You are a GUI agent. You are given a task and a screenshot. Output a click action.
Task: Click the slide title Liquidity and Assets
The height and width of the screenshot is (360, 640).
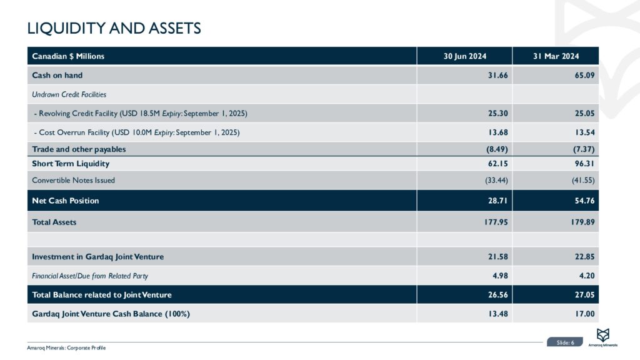point(114,28)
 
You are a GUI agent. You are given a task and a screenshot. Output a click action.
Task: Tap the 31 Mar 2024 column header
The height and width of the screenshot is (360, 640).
point(556,56)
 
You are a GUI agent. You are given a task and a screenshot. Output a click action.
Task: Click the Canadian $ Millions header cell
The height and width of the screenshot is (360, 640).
point(68,56)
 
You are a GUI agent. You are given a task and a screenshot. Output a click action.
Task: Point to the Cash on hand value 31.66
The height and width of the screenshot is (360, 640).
point(494,76)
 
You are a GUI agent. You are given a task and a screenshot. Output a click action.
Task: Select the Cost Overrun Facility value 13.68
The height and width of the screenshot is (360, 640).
point(494,132)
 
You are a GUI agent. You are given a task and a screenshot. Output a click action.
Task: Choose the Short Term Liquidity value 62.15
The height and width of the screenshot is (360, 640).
point(494,164)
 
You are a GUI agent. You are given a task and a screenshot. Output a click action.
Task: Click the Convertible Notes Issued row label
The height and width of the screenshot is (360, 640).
point(73,180)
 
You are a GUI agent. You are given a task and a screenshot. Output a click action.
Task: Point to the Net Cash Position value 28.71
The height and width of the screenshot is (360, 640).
point(494,201)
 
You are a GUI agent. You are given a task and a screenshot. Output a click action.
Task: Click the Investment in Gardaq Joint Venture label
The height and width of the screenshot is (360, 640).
point(98,257)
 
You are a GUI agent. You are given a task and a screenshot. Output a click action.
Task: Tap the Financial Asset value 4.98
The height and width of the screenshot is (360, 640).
point(497,276)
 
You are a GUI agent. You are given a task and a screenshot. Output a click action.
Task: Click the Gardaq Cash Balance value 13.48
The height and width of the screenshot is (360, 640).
point(494,313)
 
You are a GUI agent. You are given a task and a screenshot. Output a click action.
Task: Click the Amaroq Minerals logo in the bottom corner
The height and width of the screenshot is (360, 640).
point(604,337)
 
